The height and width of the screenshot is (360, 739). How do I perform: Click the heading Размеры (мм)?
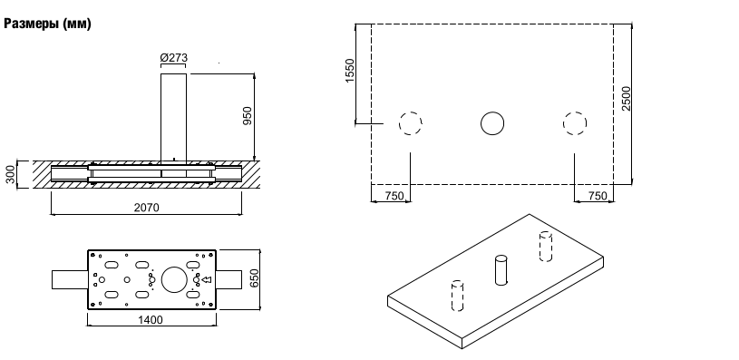point(47,24)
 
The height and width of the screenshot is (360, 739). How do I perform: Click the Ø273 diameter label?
point(173,57)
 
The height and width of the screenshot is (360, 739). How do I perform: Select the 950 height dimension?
point(248,116)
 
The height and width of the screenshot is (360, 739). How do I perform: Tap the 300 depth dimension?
point(10,175)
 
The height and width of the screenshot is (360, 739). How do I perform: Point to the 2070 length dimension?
point(147,208)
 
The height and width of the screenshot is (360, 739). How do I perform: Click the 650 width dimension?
point(254,279)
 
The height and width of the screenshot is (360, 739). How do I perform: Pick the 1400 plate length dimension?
point(151,320)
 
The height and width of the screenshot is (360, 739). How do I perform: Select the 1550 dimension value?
point(350,71)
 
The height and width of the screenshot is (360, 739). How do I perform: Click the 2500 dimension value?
point(626,99)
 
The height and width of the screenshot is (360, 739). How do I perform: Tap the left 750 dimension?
point(394,196)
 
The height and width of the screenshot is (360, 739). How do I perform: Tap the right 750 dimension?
point(598,196)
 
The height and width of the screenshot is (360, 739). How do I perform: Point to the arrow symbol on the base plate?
point(207,280)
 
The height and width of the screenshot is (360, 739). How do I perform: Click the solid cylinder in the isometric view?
point(501,270)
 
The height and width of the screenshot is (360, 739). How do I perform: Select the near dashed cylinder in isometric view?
point(457,296)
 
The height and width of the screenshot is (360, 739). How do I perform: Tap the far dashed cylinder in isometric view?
point(546,246)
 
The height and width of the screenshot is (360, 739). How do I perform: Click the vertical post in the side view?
point(173,119)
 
